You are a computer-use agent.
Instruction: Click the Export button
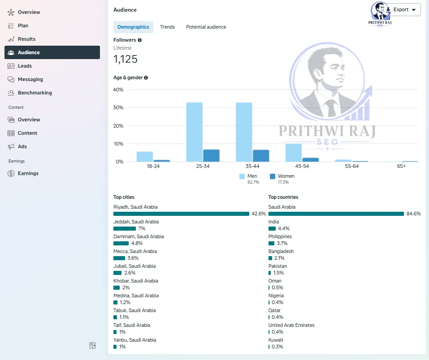click(x=404, y=9)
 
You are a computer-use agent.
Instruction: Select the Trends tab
click(x=168, y=27)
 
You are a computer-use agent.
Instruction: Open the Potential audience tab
click(x=206, y=27)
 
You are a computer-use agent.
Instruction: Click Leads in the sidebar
click(x=25, y=66)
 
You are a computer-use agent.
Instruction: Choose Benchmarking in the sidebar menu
click(x=35, y=93)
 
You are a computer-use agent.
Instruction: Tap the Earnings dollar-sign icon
click(x=11, y=173)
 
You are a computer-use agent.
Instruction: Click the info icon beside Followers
click(x=139, y=40)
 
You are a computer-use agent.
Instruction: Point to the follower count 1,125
click(x=126, y=59)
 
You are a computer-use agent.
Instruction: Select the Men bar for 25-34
click(x=195, y=132)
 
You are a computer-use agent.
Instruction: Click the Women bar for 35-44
click(x=261, y=156)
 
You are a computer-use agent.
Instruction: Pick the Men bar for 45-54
click(x=294, y=153)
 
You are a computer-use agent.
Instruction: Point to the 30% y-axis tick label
click(x=118, y=108)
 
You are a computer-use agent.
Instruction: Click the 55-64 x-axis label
click(x=351, y=166)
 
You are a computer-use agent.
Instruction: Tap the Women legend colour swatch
click(x=273, y=176)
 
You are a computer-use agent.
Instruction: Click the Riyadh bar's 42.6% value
click(x=259, y=214)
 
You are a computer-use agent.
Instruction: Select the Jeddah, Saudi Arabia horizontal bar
click(x=125, y=228)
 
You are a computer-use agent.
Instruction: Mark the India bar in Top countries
click(x=272, y=228)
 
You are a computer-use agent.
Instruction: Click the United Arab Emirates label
click(x=291, y=325)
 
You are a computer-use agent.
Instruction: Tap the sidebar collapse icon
click(x=92, y=346)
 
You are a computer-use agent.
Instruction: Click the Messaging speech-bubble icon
click(x=11, y=80)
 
